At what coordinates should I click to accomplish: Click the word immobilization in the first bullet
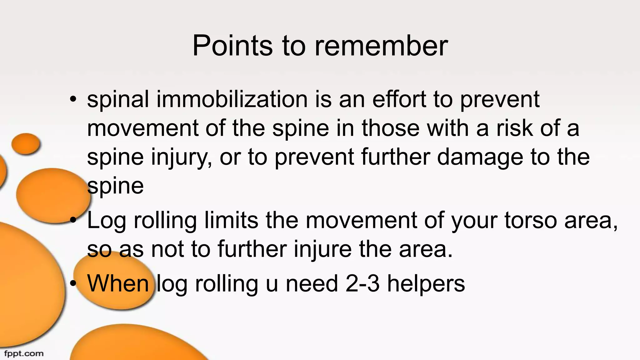pos(232,99)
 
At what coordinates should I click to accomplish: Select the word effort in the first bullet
pos(399,99)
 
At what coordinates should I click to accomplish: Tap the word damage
pos(480,157)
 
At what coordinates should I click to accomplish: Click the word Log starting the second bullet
pos(107,221)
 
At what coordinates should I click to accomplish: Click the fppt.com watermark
pos(24,354)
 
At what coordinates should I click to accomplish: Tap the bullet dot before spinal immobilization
pos(73,100)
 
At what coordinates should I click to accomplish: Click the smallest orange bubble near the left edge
pos(26,143)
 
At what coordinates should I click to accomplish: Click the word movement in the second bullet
pos(361,221)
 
